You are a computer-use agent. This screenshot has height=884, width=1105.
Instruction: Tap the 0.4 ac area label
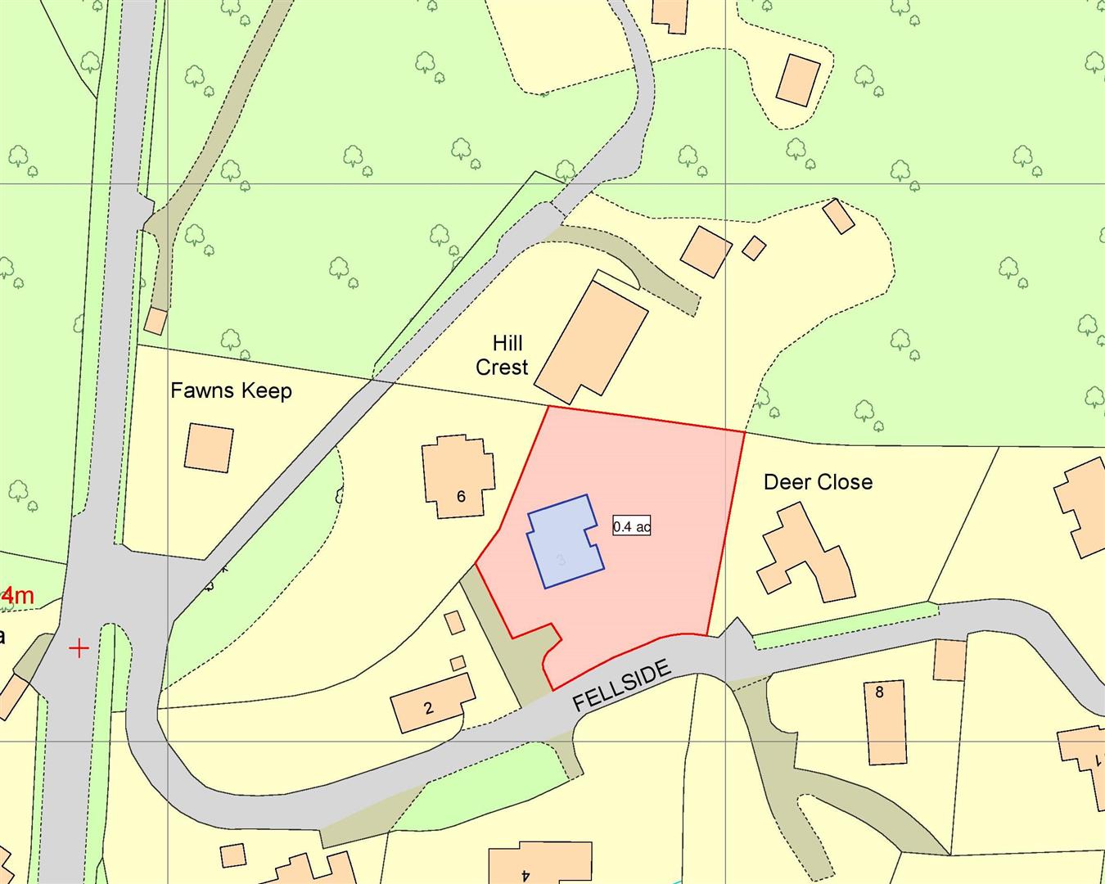pyautogui.click(x=632, y=526)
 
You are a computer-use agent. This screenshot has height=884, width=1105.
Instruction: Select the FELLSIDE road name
pyautogui.click(x=621, y=686)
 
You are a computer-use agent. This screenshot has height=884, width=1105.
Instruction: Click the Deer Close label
pyautogui.click(x=818, y=482)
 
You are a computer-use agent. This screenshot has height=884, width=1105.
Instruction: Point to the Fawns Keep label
pyautogui.click(x=231, y=390)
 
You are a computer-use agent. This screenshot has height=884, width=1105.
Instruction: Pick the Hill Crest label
pyautogui.click(x=503, y=355)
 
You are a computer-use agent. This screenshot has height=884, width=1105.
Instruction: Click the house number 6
pyautogui.click(x=461, y=496)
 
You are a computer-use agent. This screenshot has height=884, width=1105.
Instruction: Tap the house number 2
pyautogui.click(x=428, y=708)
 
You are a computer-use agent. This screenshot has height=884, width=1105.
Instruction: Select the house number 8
pyautogui.click(x=879, y=692)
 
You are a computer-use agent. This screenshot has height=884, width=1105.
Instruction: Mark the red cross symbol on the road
pyautogui.click(x=79, y=649)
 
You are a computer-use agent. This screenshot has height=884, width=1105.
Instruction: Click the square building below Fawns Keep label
pyautogui.click(x=209, y=447)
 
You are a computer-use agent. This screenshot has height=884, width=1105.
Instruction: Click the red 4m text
pyautogui.click(x=17, y=596)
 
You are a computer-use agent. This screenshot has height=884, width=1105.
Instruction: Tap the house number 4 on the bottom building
pyautogui.click(x=525, y=874)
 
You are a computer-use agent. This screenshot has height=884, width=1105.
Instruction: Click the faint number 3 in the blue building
pyautogui.click(x=561, y=561)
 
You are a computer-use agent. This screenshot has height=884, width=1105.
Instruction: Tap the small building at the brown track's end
pyautogui.click(x=155, y=321)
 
